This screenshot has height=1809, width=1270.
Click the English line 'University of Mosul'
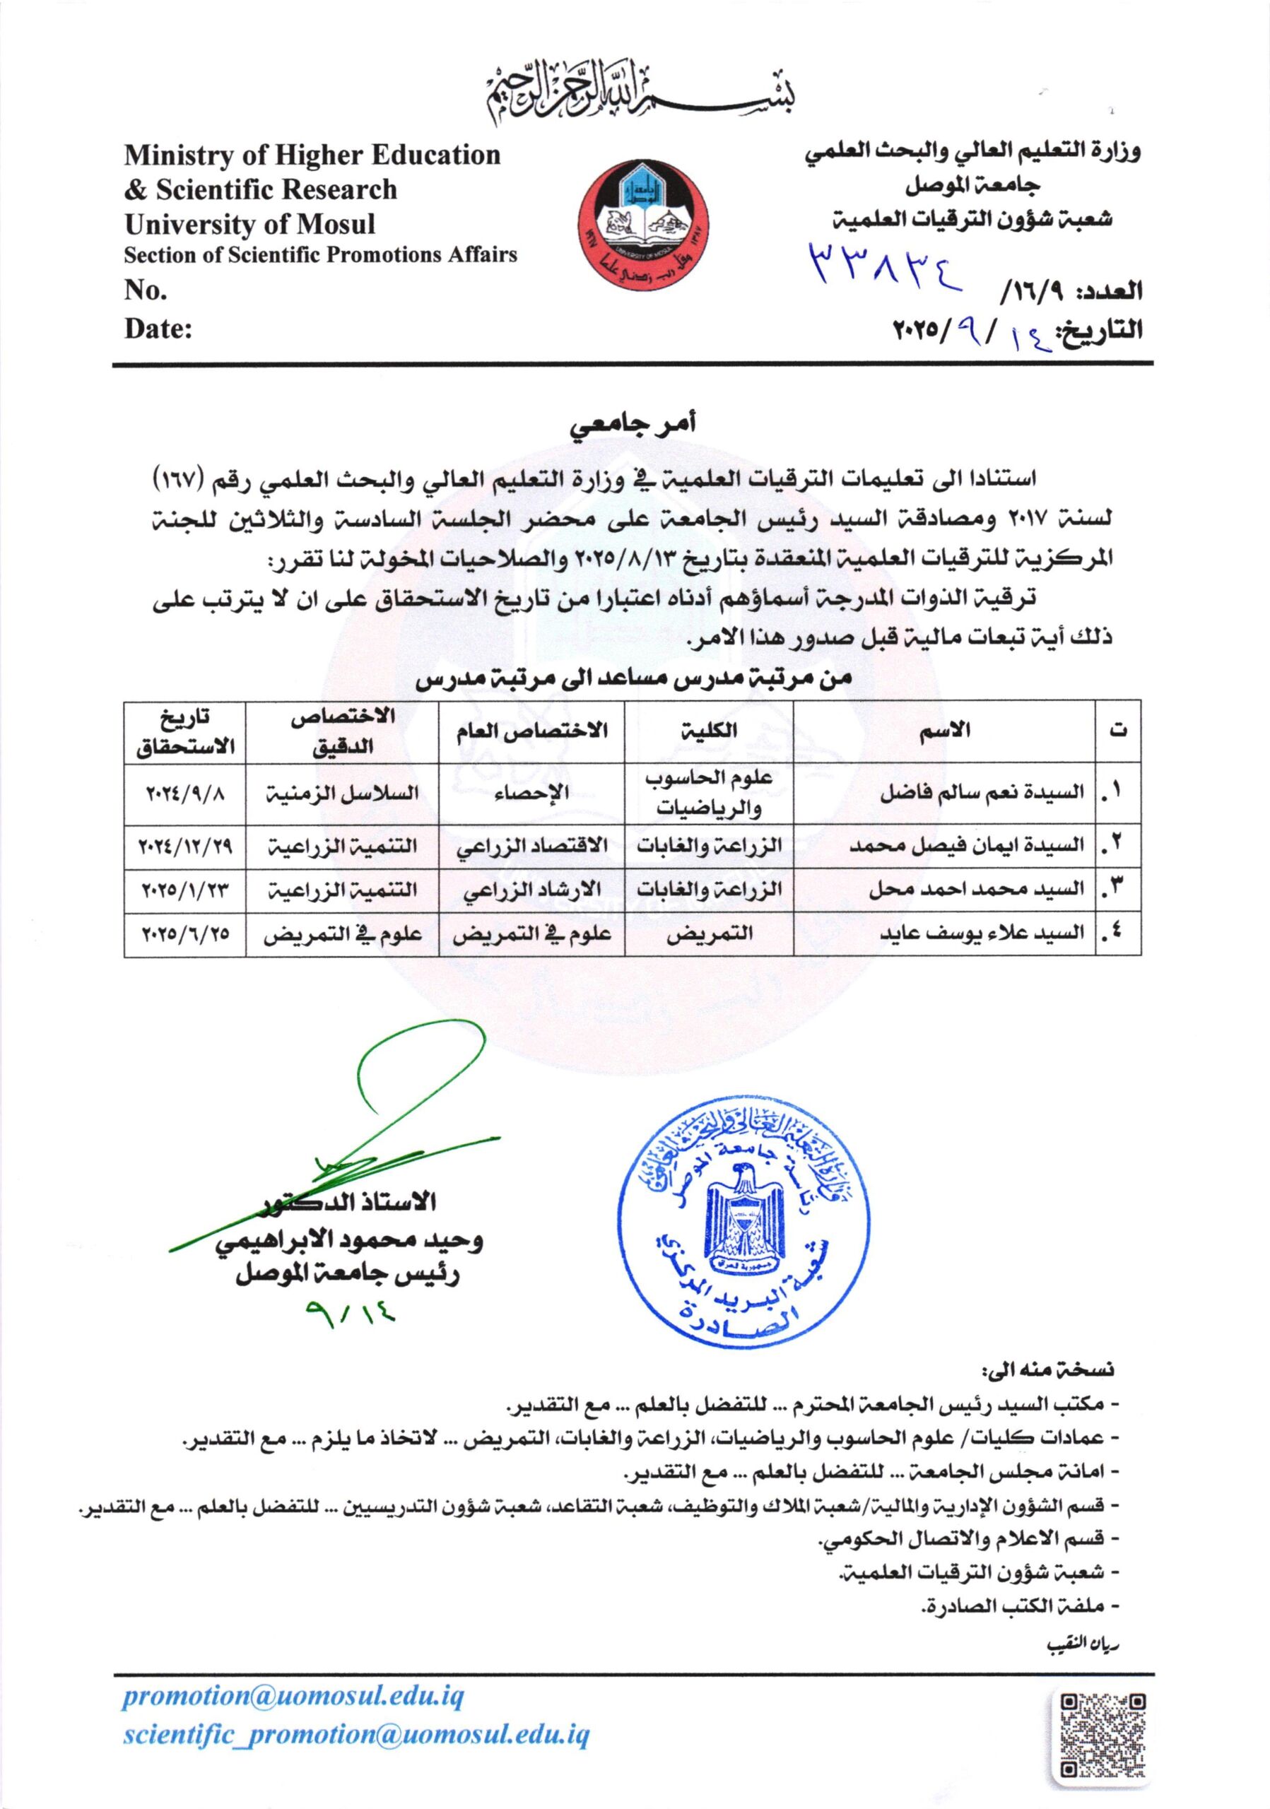249,225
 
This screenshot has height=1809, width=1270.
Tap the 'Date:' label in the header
158,328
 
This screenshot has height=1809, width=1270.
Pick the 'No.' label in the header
146,290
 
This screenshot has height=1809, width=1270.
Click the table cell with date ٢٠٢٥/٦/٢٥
184,933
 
